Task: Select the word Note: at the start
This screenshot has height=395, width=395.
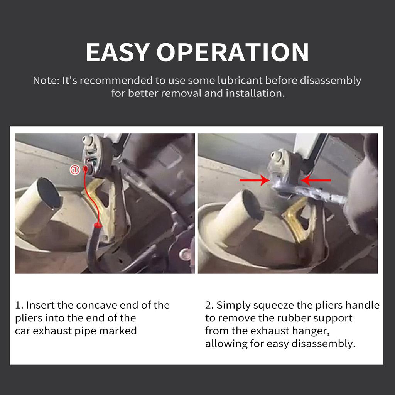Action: click(x=46, y=81)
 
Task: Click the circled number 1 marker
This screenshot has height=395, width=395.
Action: click(x=74, y=169)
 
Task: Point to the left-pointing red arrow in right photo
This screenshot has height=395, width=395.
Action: click(x=316, y=180)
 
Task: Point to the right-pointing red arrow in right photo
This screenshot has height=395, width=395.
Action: click(x=254, y=180)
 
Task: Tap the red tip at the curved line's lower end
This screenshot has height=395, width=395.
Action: click(x=97, y=225)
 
